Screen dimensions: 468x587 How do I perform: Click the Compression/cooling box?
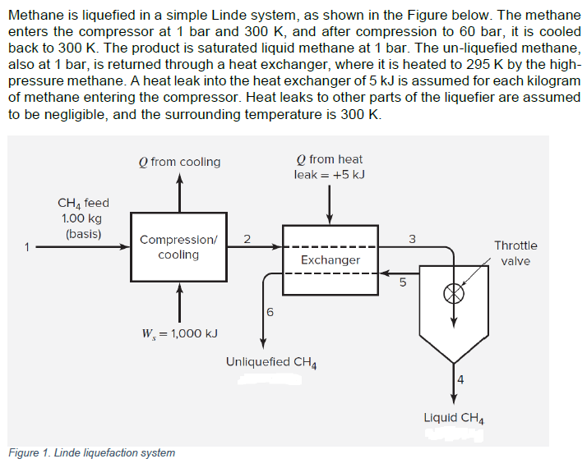(x=178, y=247)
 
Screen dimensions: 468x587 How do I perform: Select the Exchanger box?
(x=330, y=259)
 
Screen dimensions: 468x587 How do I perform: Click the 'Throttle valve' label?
(x=515, y=253)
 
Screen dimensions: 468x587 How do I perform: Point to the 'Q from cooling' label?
(x=179, y=162)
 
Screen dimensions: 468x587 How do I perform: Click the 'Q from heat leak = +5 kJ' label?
(x=329, y=167)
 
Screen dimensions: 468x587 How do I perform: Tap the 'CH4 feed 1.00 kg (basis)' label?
(x=82, y=218)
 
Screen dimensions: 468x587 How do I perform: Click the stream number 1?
(x=26, y=245)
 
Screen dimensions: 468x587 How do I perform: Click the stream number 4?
(x=460, y=379)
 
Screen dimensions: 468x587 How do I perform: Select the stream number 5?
(x=403, y=284)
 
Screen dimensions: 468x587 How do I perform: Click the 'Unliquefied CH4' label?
(x=271, y=361)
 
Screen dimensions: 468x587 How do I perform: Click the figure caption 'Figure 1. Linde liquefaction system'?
(x=91, y=452)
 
